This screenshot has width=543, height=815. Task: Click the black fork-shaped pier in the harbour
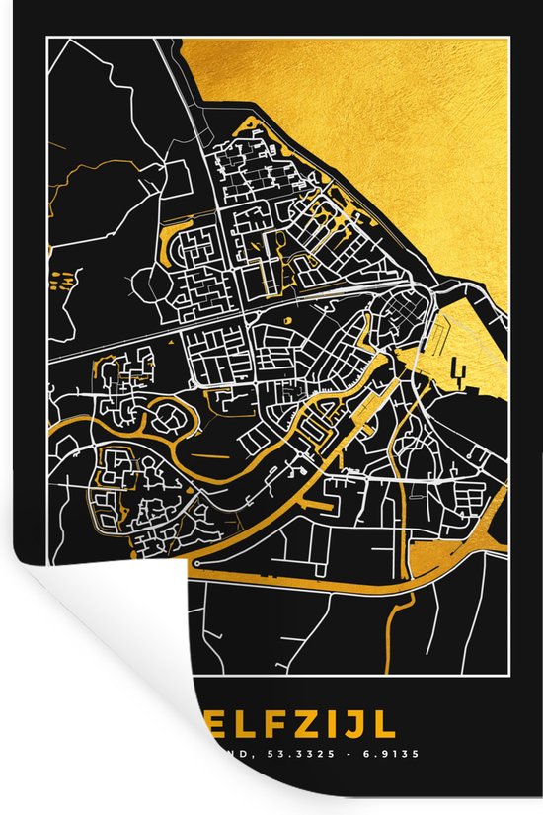pos(456,373)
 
